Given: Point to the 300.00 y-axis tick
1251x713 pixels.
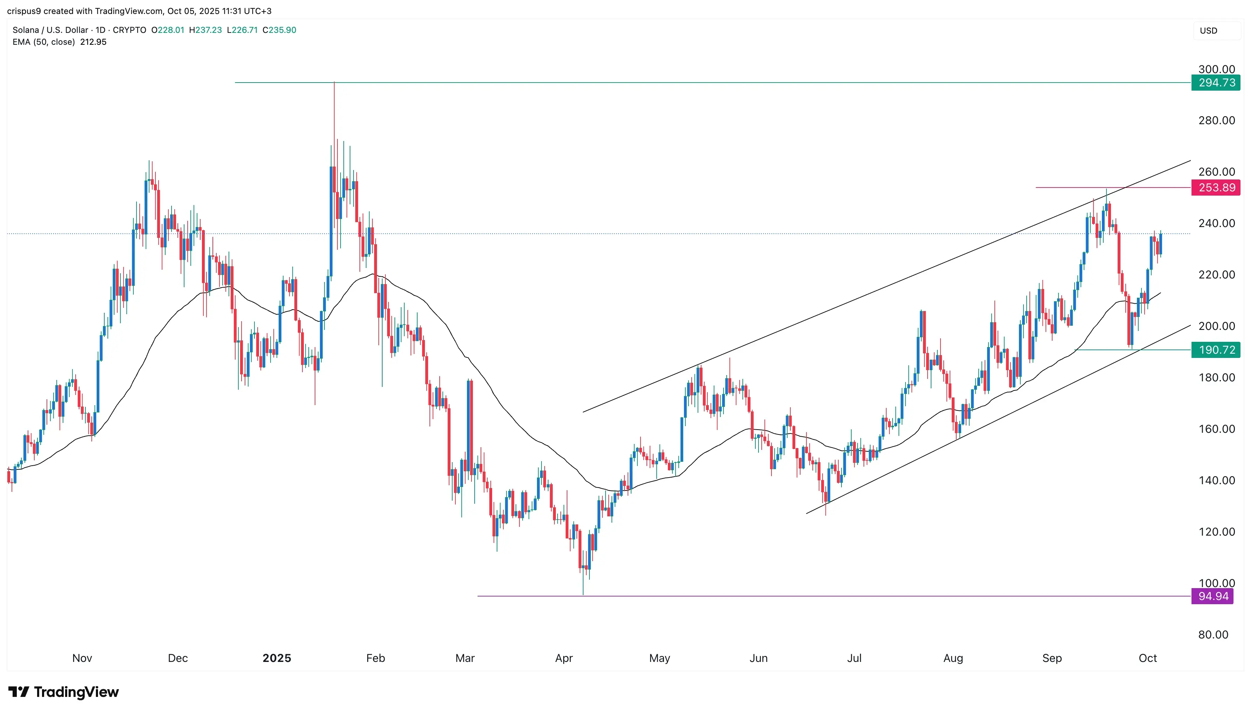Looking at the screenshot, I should (1216, 69).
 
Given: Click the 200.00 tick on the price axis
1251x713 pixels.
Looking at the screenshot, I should (1216, 326).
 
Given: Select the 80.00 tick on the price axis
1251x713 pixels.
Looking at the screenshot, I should (1213, 634).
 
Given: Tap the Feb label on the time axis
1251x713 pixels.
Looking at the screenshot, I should (375, 658).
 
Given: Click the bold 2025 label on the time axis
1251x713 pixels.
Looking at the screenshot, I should (277, 658).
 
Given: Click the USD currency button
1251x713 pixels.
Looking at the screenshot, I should (1208, 31).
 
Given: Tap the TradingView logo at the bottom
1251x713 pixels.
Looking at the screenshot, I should (64, 692).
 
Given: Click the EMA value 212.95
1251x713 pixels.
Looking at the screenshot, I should (93, 42).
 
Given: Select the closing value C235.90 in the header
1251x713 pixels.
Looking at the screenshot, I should (279, 30).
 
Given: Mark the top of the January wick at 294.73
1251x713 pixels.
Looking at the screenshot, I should (334, 83).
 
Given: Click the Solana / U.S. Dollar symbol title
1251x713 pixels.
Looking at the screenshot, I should (50, 30).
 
